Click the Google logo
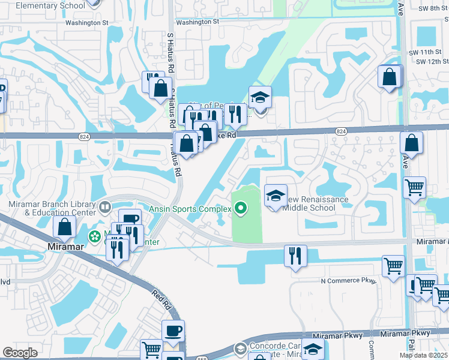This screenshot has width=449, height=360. coord(20,353)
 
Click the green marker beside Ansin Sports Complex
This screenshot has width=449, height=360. coord(241,209)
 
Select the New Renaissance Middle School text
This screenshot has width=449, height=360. coord(316,203)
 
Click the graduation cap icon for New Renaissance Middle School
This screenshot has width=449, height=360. coord(276,196)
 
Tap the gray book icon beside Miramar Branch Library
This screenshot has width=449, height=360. coord(105,208)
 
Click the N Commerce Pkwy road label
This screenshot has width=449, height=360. coord(348,281)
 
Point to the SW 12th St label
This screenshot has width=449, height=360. coord(432,61)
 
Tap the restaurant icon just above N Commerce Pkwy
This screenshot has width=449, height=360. coord(295,256)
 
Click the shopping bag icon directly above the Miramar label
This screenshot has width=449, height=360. coord(64,227)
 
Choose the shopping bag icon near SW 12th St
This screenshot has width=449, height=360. coord(390,77)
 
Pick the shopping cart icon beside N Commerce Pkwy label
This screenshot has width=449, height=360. coord(393,266)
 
